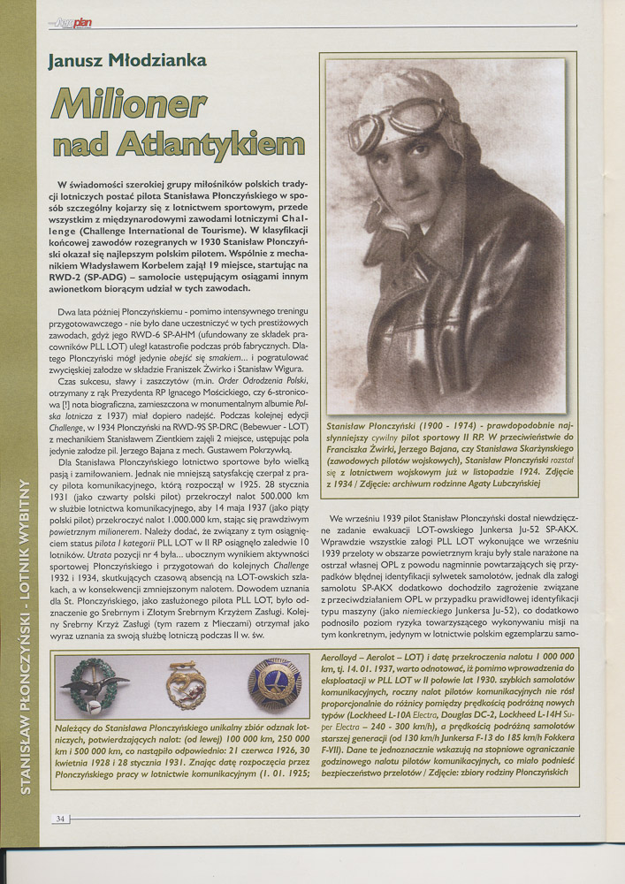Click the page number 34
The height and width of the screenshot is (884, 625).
[x=60, y=819]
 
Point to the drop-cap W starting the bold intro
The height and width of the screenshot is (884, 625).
[x=62, y=184]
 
